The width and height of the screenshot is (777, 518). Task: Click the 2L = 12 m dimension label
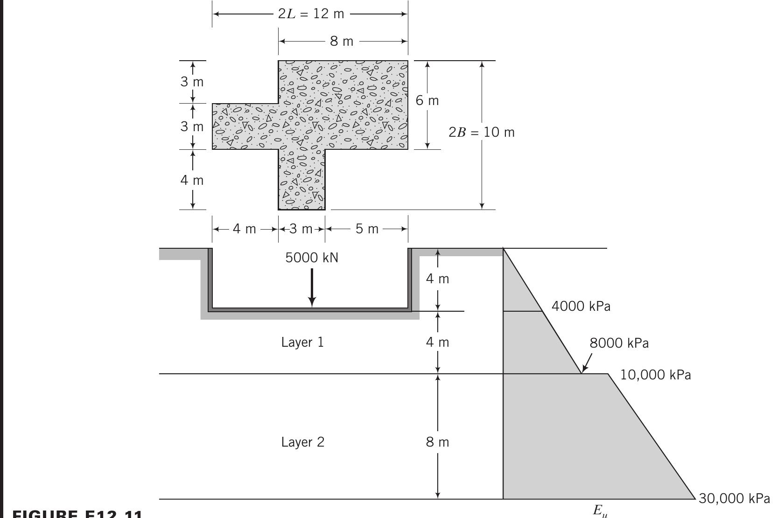(x=311, y=14)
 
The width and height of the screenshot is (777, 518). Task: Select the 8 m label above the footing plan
(x=342, y=42)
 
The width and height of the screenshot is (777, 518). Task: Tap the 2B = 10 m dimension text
(x=482, y=133)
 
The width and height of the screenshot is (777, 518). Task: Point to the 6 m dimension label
(x=427, y=101)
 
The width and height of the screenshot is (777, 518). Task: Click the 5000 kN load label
(x=312, y=258)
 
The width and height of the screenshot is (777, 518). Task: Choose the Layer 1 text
(x=302, y=343)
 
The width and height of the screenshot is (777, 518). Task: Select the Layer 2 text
(x=302, y=442)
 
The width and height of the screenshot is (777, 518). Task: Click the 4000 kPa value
(x=581, y=307)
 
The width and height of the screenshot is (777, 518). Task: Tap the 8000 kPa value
(x=619, y=343)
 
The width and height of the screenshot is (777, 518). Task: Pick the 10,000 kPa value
(x=655, y=375)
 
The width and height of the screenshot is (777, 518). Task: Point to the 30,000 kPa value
(x=734, y=499)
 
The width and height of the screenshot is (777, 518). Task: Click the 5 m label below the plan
(x=367, y=229)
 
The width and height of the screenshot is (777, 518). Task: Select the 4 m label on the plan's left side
(x=192, y=180)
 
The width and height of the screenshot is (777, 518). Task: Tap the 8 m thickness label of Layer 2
(x=437, y=442)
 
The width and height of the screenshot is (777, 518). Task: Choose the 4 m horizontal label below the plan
(x=245, y=229)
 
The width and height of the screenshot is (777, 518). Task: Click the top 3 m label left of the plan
(x=192, y=82)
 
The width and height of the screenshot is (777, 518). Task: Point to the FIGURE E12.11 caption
(x=77, y=514)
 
